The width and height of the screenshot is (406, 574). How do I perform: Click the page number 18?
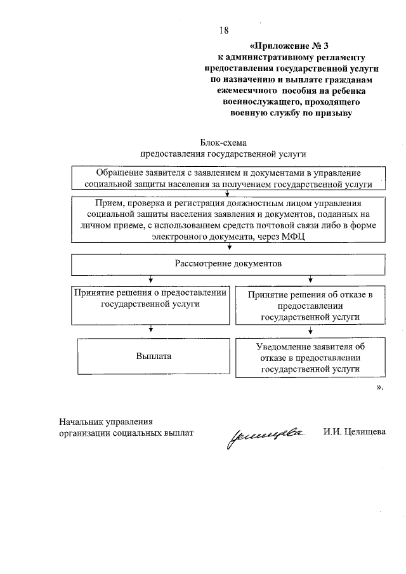223,30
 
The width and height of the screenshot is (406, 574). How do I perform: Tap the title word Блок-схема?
223,143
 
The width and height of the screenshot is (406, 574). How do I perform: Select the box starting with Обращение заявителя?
228,178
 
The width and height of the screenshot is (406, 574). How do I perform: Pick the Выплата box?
153,356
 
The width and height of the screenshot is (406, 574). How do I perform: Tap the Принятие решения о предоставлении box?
150,304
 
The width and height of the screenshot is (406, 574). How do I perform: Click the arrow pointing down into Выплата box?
150,329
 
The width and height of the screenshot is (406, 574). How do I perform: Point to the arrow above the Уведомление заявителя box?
310,330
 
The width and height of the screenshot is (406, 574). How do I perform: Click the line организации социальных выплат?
125,433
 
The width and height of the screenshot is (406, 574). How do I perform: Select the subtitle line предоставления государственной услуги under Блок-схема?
223,153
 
